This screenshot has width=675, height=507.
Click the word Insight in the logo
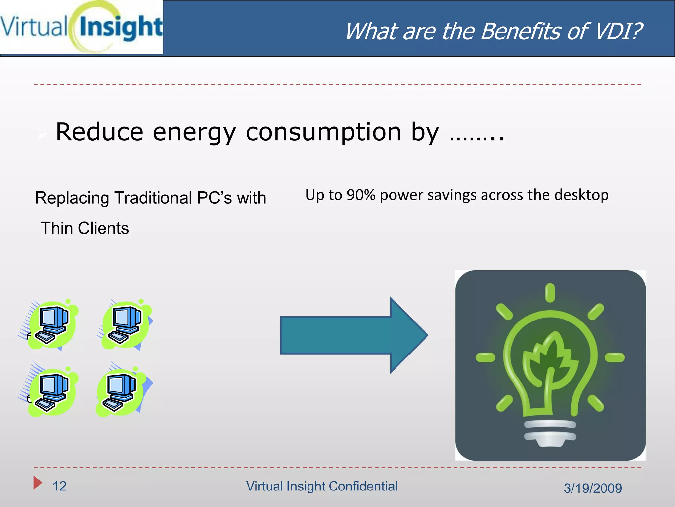coord(121,27)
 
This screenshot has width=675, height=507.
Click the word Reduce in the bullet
coord(100,132)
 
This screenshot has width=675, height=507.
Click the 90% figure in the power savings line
coord(361,195)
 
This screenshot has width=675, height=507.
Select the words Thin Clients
coord(85,228)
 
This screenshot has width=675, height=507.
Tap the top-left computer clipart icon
coord(51,325)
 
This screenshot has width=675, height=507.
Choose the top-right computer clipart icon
coord(125,325)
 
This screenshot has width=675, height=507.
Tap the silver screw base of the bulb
coord(550,432)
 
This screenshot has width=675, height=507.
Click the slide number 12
coord(60,486)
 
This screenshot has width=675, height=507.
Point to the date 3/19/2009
coord(593,488)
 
